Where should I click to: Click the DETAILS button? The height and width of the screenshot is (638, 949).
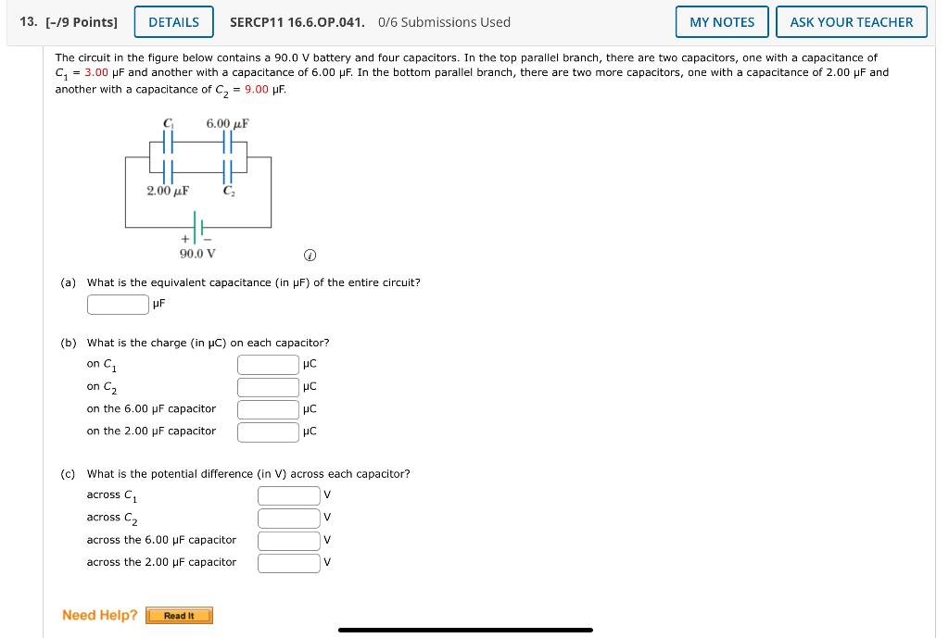pyautogui.click(x=173, y=22)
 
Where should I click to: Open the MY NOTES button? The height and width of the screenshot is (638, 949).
pyautogui.click(x=722, y=22)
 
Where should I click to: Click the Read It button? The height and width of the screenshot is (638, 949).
pyautogui.click(x=179, y=616)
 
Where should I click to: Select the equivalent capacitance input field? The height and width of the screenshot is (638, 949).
pyautogui.click(x=118, y=304)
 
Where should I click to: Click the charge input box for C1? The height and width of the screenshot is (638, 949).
pyautogui.click(x=268, y=364)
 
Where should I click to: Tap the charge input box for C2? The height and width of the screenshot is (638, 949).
pyautogui.click(x=268, y=386)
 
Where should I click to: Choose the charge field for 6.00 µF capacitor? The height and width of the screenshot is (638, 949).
pyautogui.click(x=268, y=408)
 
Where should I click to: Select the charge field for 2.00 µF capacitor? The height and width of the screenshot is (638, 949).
pyautogui.click(x=268, y=431)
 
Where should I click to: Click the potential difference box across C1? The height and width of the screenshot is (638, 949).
pyautogui.click(x=288, y=495)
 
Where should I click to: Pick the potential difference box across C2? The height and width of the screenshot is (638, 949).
pyautogui.click(x=288, y=518)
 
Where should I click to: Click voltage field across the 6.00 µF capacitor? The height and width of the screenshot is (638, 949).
pyautogui.click(x=288, y=540)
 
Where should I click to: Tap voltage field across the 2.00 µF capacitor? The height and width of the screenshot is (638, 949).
pyautogui.click(x=288, y=562)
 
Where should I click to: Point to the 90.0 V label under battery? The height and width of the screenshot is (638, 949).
pyautogui.click(x=197, y=253)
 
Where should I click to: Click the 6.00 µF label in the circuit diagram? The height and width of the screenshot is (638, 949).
pyautogui.click(x=227, y=123)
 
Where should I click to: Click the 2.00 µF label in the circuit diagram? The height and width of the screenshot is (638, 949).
pyautogui.click(x=168, y=191)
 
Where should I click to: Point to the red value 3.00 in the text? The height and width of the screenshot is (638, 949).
pyautogui.click(x=96, y=72)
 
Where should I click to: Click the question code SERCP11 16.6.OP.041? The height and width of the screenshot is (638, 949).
pyautogui.click(x=297, y=22)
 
